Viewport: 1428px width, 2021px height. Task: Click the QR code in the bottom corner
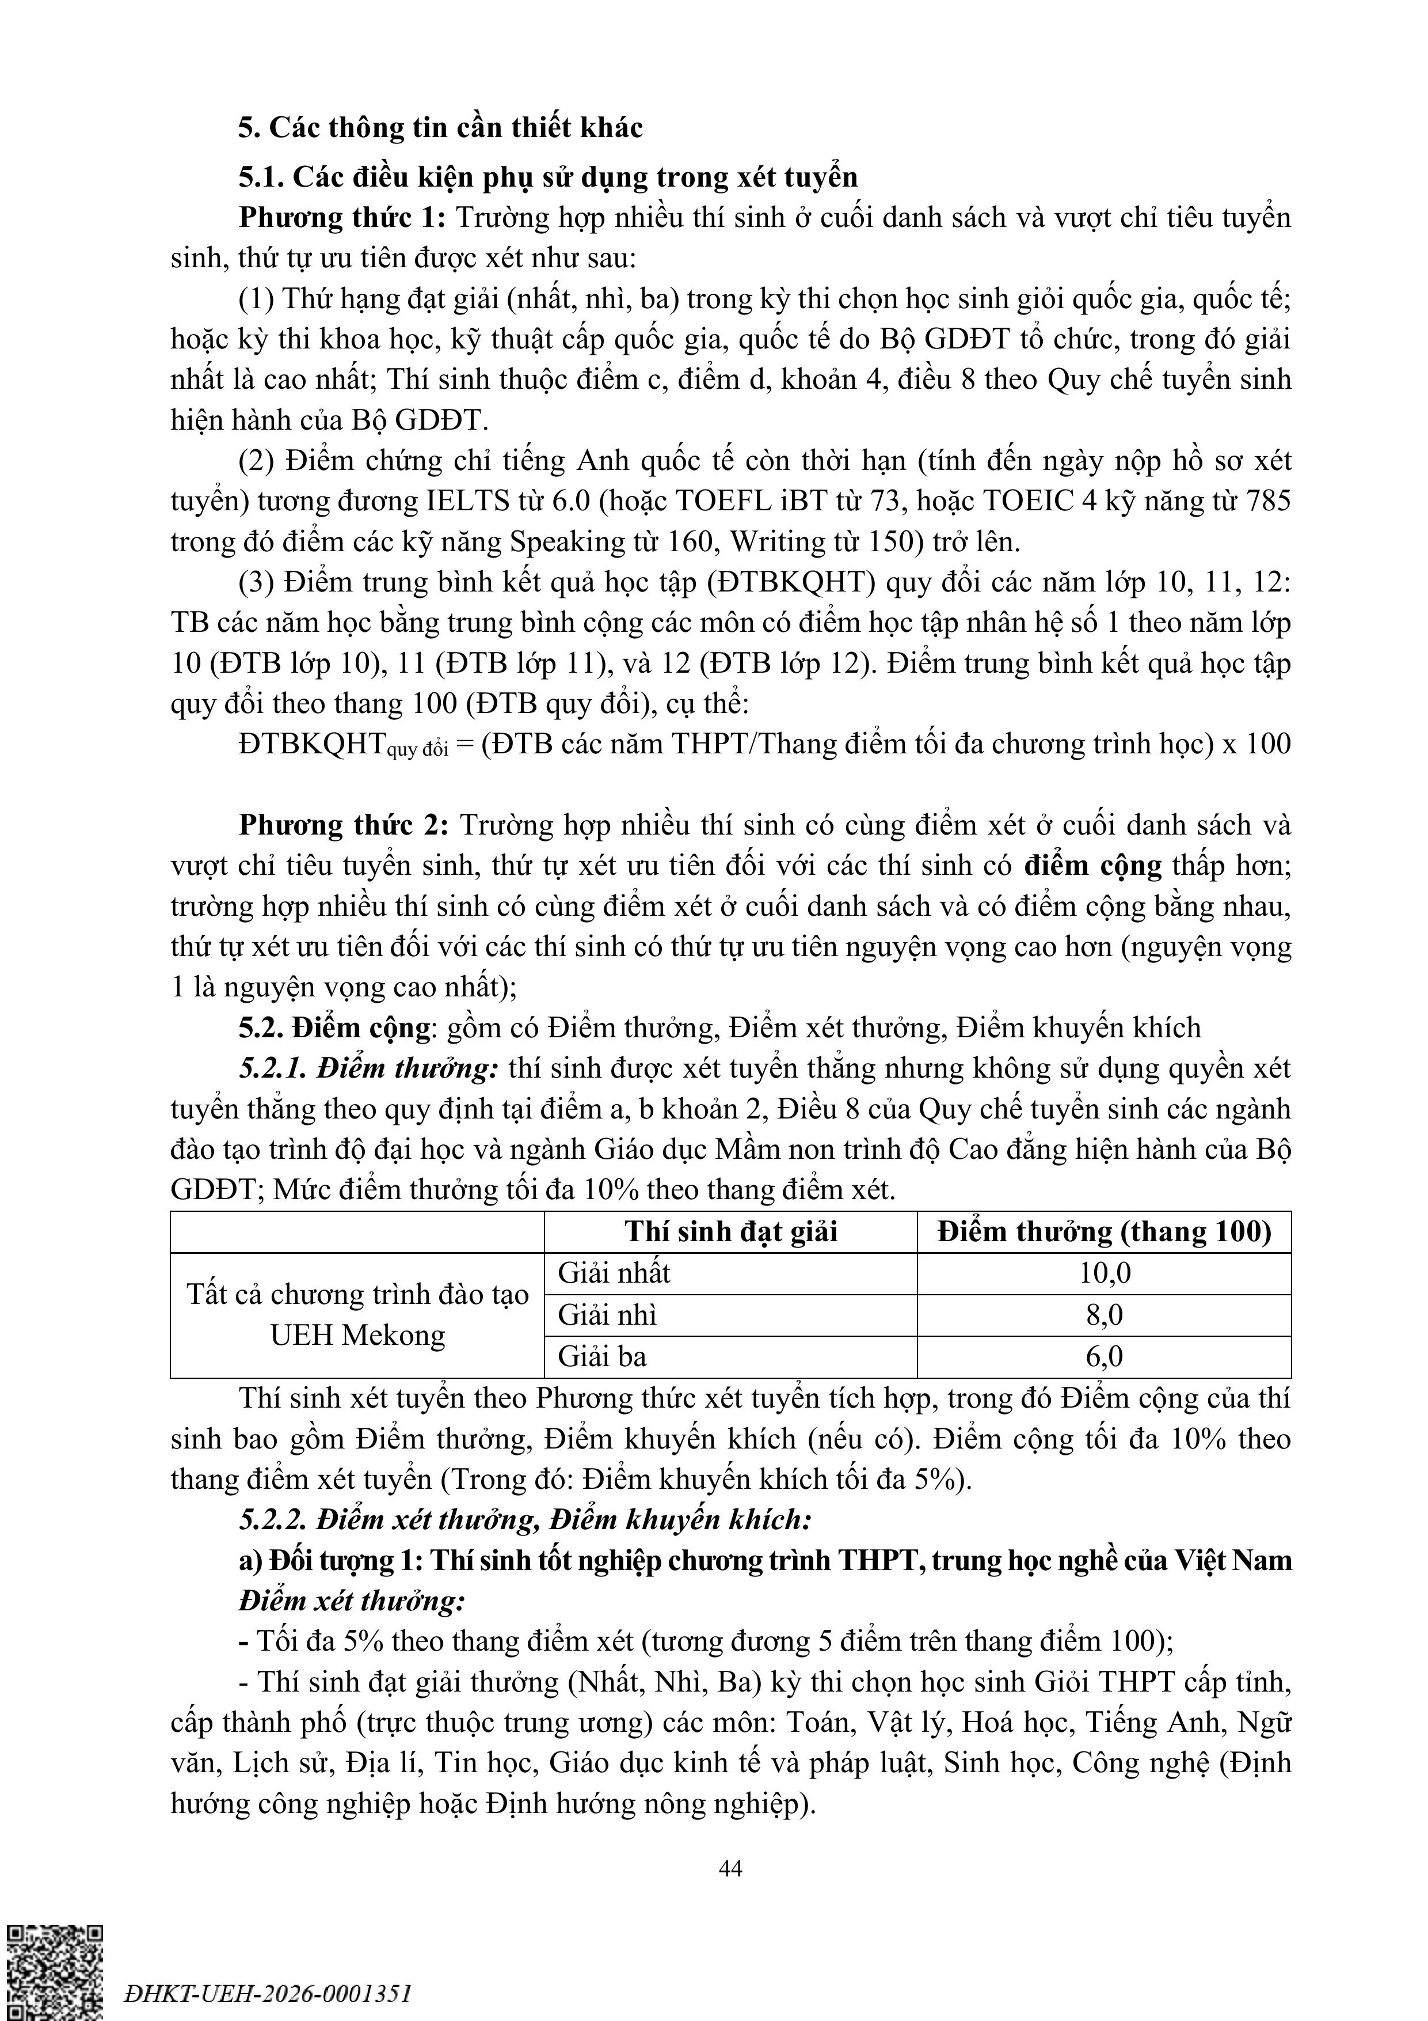55,1971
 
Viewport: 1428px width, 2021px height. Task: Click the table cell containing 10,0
1104,1273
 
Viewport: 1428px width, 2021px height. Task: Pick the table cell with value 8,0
1104,1315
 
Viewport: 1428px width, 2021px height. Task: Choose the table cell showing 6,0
1104,1356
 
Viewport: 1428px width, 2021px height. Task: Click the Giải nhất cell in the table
614,1273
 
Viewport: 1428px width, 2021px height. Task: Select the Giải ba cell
602,1356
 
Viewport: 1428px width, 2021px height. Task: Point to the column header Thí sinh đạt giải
730,1231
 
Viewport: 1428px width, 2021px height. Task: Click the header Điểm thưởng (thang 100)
1104,1231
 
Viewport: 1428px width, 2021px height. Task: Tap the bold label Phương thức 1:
343,217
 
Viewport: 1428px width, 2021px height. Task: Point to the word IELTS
468,501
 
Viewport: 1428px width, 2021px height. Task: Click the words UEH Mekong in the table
357,1335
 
